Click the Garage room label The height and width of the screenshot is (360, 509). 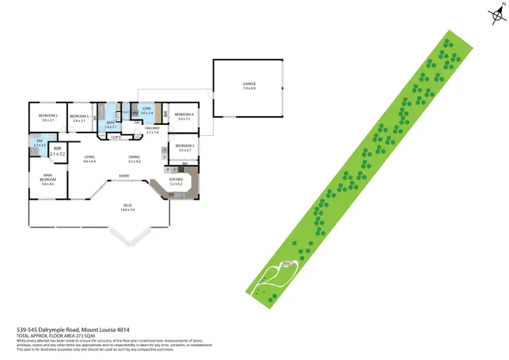(249, 84)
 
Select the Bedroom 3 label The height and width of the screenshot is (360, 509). (79, 116)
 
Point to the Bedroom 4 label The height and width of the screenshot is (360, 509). (184, 115)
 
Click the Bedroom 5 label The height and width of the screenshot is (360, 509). (185, 146)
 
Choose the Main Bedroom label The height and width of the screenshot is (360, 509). (47, 179)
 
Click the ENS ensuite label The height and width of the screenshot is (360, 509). (39, 141)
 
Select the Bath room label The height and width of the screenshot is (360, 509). (111, 123)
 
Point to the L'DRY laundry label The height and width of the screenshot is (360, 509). (146, 109)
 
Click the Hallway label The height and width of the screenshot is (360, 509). (152, 128)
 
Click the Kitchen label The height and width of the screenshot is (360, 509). (176, 180)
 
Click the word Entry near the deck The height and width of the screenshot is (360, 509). (124, 177)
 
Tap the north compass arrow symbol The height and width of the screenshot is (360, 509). (495, 15)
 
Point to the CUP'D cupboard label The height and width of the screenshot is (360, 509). (115, 138)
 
